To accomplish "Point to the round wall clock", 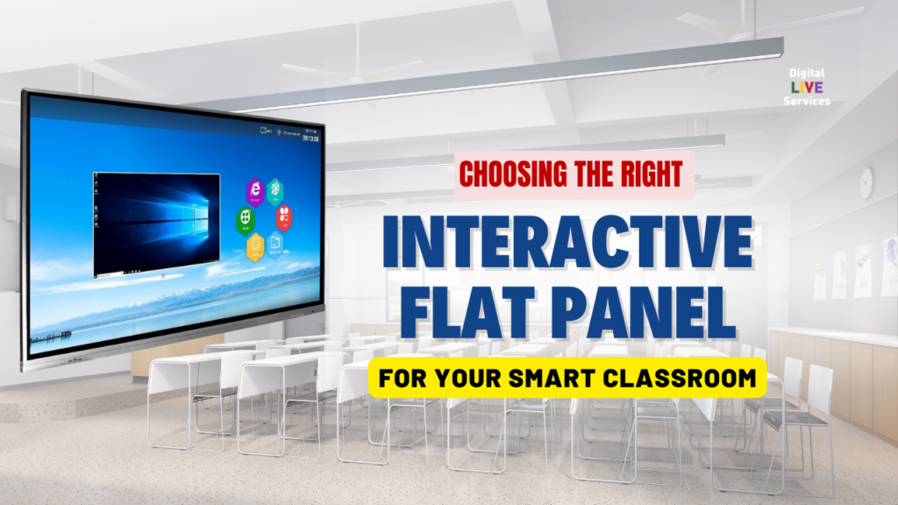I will click(x=866, y=182).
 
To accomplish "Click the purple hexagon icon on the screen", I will click(x=254, y=189).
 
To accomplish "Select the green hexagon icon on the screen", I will click(x=246, y=218).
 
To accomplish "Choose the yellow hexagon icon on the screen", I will click(x=255, y=246).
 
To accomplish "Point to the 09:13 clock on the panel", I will click(x=310, y=138).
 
